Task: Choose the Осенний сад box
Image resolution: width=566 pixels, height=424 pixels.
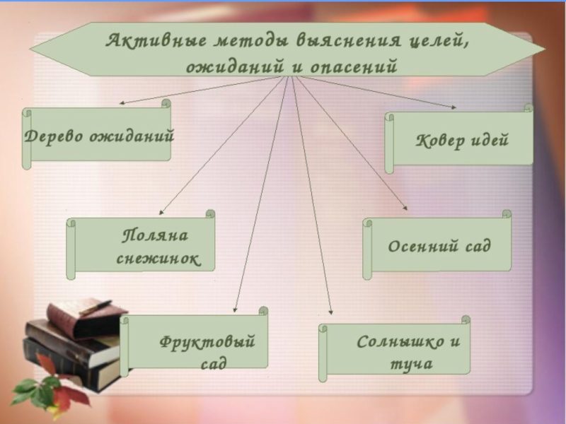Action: (x=439, y=246)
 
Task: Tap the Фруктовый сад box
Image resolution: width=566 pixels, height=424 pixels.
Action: (x=196, y=343)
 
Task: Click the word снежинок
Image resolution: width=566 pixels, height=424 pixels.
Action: (x=157, y=259)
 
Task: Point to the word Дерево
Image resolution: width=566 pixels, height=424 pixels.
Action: (x=53, y=135)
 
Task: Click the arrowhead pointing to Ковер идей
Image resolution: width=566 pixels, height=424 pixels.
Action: (x=454, y=107)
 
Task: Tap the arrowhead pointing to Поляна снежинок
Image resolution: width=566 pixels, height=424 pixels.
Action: (x=161, y=211)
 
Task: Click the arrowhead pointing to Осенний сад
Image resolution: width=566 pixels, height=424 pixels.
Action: (x=406, y=207)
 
